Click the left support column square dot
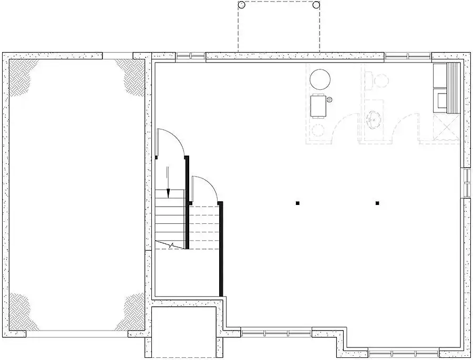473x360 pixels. click(x=297, y=202)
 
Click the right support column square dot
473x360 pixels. click(x=377, y=202)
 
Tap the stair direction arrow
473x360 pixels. click(x=168, y=182)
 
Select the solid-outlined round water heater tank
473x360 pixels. click(x=320, y=80)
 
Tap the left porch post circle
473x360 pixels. click(x=241, y=5)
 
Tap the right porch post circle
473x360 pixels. click(x=316, y=5)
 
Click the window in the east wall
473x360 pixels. click(x=466, y=182)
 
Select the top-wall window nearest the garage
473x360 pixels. click(x=190, y=57)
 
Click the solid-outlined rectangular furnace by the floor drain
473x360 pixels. click(x=319, y=106)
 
